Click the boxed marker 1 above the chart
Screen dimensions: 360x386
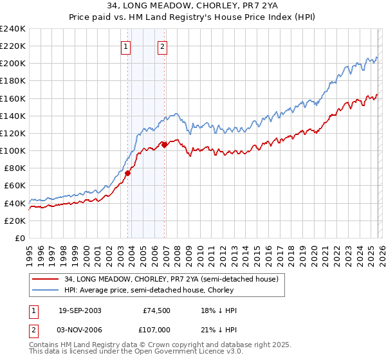tap(125, 46)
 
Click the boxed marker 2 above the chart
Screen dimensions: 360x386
tap(163, 46)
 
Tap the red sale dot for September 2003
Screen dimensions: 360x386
tap(128, 173)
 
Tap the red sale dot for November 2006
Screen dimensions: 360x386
tap(164, 145)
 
